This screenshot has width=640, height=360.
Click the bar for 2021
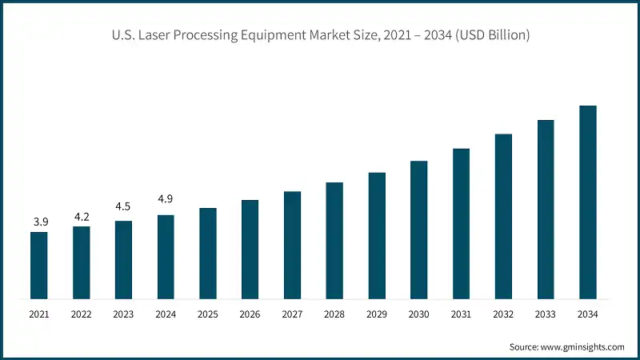(38, 266)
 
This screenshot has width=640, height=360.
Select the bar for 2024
(166, 257)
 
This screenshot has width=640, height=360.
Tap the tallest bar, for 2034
(588, 202)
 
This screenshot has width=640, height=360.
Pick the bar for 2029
(377, 236)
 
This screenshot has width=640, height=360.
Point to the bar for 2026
(250, 250)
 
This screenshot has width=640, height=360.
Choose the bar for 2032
(503, 217)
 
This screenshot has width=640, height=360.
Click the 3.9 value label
(38, 221)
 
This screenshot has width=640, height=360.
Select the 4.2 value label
(81, 215)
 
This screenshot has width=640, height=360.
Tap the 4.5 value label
(123, 207)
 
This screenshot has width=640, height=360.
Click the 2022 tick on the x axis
(81, 314)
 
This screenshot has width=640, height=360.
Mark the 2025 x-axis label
(208, 314)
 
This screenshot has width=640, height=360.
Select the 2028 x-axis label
(334, 314)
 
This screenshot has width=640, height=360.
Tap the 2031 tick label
(461, 314)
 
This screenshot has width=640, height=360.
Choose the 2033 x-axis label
(546, 314)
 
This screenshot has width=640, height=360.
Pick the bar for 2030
(419, 230)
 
